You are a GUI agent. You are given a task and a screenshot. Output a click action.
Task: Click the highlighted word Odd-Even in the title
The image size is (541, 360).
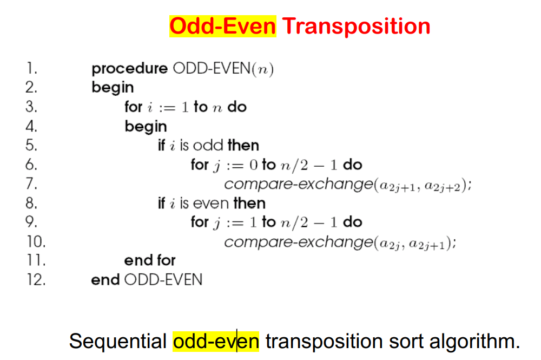[222, 26]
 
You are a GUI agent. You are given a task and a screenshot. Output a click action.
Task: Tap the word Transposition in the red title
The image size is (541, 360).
[356, 26]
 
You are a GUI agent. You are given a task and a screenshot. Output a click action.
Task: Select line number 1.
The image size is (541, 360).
[31, 69]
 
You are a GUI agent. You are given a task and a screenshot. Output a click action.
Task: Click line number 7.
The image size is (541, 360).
[31, 184]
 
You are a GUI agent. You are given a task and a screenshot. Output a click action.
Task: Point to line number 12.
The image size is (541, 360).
[35, 279]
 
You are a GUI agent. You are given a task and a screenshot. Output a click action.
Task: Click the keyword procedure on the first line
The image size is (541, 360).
[130, 69]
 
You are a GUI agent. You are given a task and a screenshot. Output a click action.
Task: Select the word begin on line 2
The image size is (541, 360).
[113, 88]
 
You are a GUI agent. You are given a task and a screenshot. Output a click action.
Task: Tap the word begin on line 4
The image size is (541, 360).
[146, 127]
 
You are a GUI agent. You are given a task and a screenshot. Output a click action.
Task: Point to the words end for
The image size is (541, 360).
[150, 260]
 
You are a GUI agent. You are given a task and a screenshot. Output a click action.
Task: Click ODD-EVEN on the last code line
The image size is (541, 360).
[163, 279]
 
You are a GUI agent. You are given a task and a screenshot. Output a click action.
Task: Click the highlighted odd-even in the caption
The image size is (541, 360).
[216, 341]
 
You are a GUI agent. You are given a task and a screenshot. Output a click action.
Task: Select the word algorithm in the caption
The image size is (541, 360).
[474, 341]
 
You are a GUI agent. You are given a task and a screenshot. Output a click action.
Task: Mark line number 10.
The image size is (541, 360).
[35, 241]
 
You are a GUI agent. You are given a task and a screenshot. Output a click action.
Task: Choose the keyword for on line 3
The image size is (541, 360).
[134, 107]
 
